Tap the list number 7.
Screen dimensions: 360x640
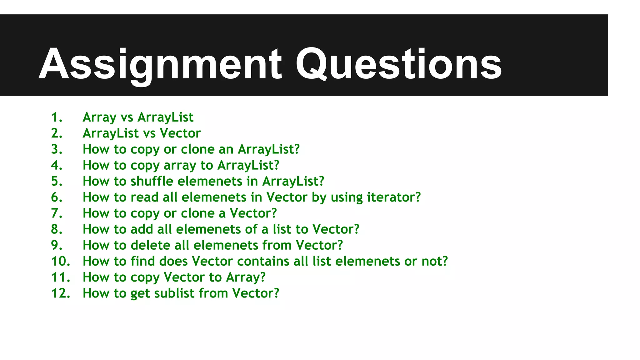(x=57, y=213)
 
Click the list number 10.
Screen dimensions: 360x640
(x=61, y=261)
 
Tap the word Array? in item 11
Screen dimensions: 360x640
(x=246, y=277)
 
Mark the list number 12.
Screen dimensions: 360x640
(x=61, y=293)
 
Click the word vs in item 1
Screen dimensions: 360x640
(x=127, y=117)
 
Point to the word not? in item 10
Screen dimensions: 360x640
(x=435, y=261)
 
